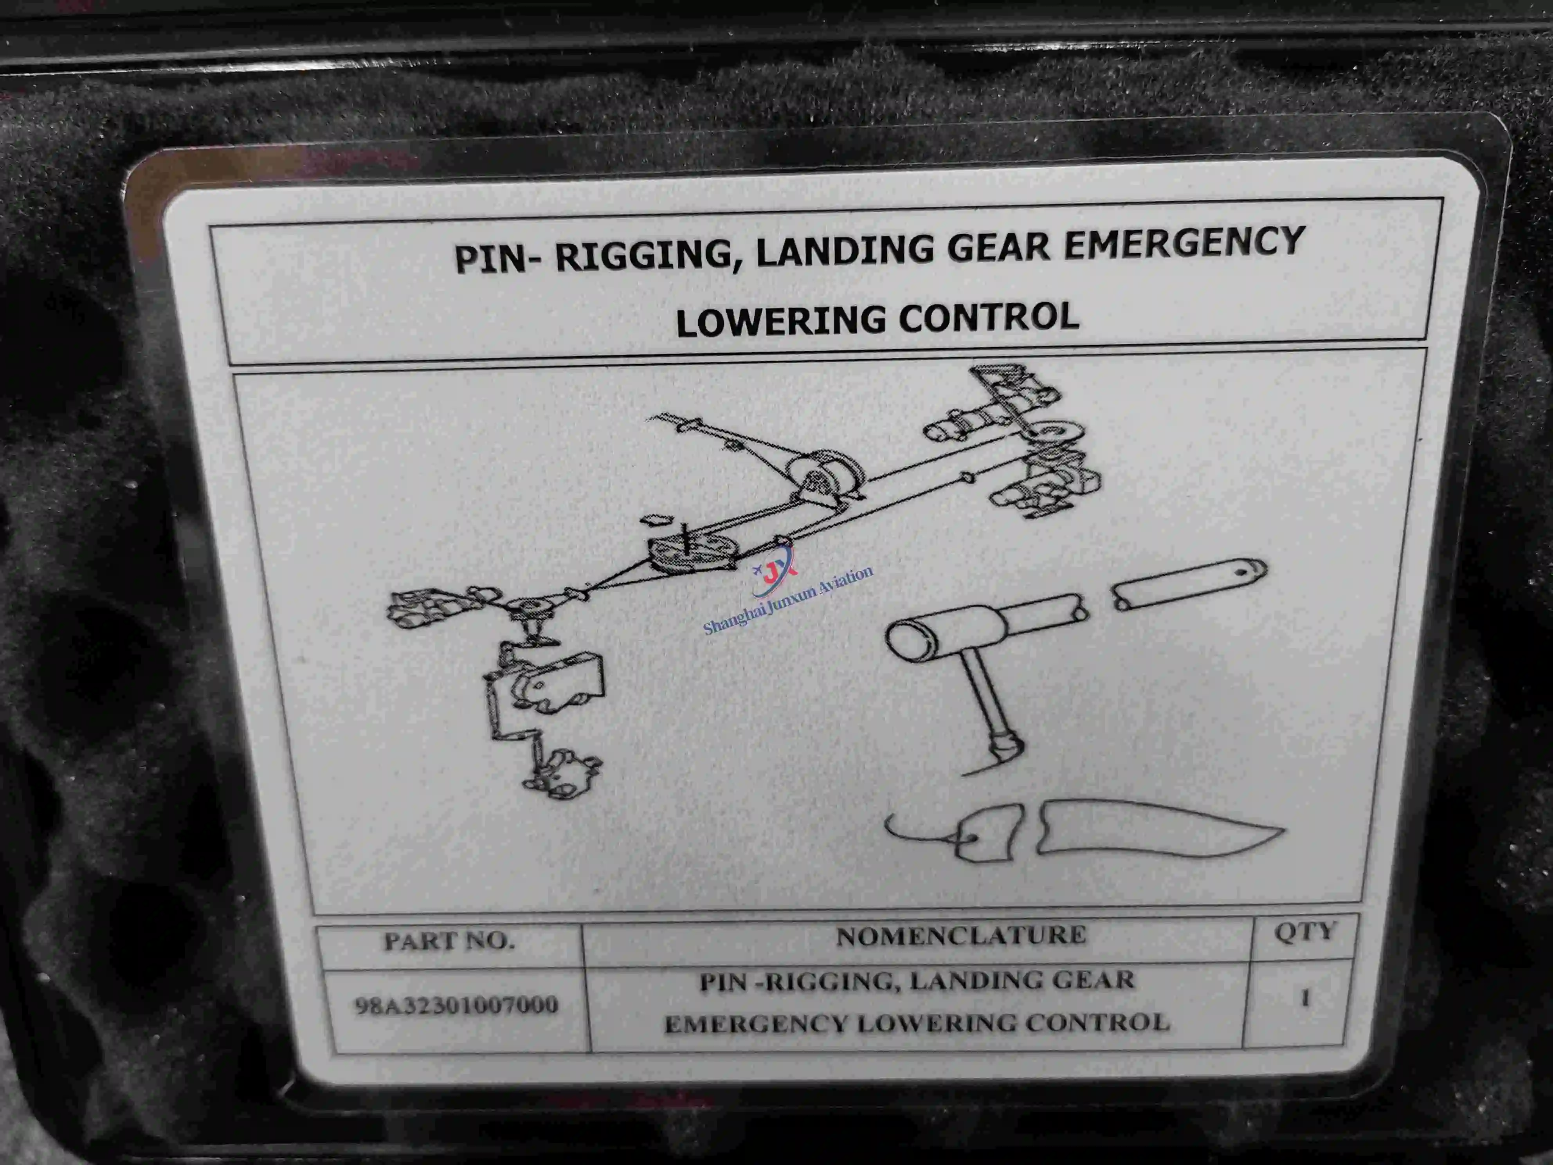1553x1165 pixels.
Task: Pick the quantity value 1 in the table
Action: click(1305, 998)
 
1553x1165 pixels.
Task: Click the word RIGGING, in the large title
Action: click(649, 254)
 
